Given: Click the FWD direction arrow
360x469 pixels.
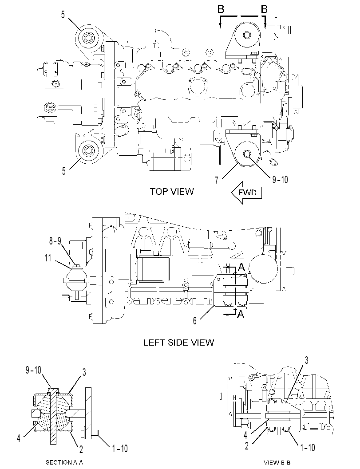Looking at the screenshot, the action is click(246, 192).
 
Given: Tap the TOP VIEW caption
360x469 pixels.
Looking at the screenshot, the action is click(171, 191).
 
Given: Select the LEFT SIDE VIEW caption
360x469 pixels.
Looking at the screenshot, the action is click(179, 342).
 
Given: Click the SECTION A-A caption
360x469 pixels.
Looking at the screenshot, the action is click(64, 462).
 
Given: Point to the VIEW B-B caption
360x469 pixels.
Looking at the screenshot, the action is click(277, 462).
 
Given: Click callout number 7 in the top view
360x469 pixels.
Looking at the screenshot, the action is click(216, 180).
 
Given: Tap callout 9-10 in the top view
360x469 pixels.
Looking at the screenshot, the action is click(280, 179).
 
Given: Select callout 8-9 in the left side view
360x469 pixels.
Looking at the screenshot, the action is click(55, 241).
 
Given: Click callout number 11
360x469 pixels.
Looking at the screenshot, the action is click(48, 258).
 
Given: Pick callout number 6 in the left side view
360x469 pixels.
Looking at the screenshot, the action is click(195, 321).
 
